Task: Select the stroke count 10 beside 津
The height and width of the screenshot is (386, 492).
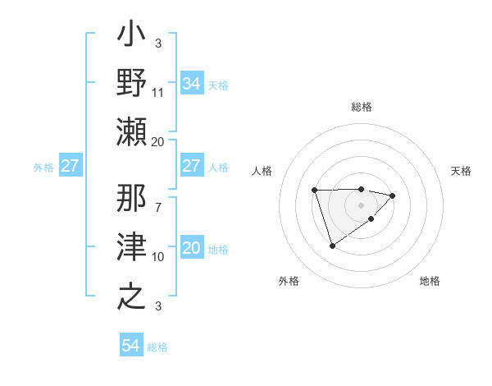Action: pyautogui.click(x=158, y=257)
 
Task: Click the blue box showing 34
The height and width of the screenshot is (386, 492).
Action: pyautogui.click(x=191, y=84)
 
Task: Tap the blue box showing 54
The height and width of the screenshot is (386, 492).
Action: pyautogui.click(x=131, y=346)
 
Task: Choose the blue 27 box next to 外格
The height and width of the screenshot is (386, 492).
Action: pyautogui.click(x=71, y=167)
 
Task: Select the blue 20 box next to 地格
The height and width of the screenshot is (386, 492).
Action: pyautogui.click(x=191, y=249)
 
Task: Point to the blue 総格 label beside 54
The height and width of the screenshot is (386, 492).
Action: pyautogui.click(x=157, y=347)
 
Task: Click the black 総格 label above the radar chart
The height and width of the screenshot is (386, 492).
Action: pyautogui.click(x=361, y=108)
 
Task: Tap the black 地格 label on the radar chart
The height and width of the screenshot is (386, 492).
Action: pyautogui.click(x=430, y=282)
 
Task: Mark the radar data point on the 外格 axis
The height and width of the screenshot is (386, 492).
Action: pyautogui.click(x=332, y=246)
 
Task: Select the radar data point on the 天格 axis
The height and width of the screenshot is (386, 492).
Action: pyautogui.click(x=393, y=195)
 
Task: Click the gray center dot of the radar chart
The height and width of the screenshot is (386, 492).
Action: pyautogui.click(x=361, y=205)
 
